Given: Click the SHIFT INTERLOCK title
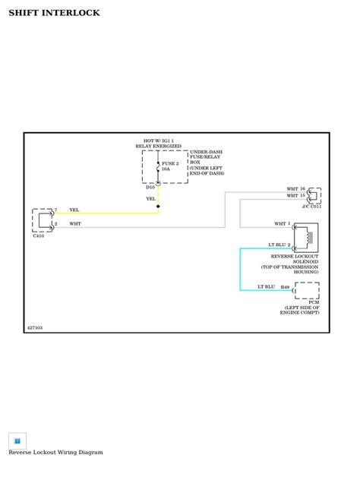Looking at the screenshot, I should tap(54, 13).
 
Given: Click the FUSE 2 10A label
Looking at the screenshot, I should tap(170, 166).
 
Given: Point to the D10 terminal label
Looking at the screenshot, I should tap(150, 187).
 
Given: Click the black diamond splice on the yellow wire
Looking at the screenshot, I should tap(158, 206).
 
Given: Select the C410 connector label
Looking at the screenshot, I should tap(39, 236).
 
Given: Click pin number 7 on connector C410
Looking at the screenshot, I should tap(55, 210).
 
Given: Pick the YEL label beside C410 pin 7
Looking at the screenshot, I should tap(74, 210).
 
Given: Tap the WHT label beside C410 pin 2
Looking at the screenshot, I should tap(75, 224).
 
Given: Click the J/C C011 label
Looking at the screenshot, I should tap(311, 207).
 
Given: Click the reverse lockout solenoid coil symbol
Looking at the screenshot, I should tap(307, 237).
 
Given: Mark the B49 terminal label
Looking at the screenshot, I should tap(285, 287).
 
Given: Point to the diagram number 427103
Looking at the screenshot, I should tap(35, 327).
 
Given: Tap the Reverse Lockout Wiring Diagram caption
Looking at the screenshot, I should tap(55, 452).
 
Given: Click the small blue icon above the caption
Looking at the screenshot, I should tap(17, 441).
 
